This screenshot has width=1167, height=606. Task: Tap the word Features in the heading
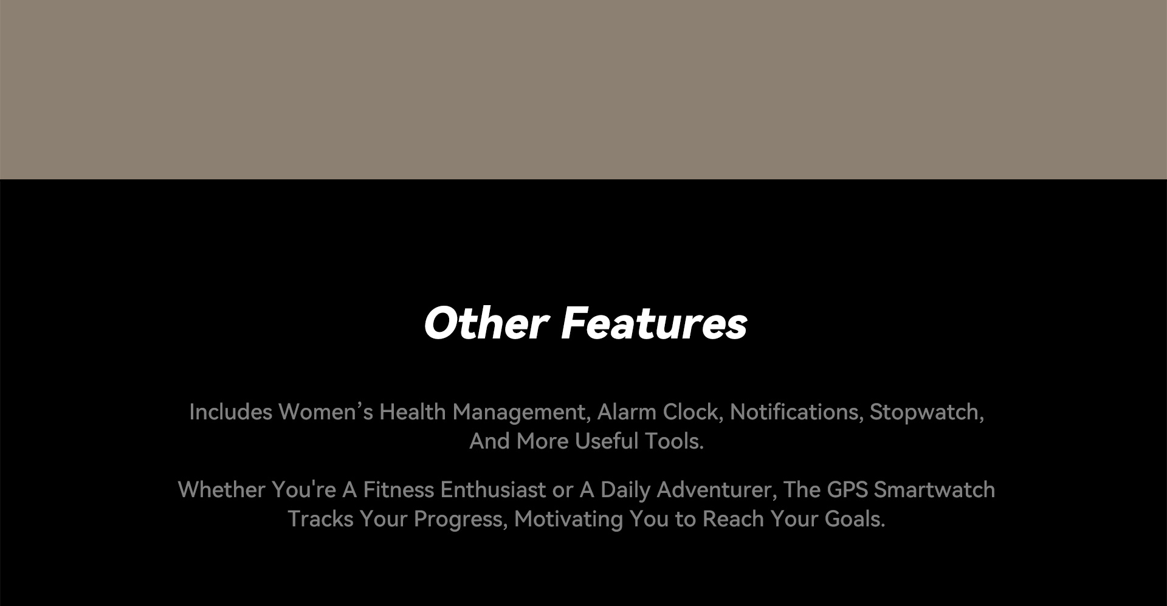[x=654, y=323]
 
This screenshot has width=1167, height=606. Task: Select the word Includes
[x=230, y=412]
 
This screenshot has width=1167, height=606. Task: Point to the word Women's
[x=326, y=412]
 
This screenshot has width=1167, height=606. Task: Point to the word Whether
[x=221, y=490]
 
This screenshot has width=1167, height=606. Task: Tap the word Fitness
[x=398, y=490]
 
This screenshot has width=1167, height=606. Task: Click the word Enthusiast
[x=493, y=490]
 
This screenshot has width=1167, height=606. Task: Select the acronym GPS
[x=847, y=490]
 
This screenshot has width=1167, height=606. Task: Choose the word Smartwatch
[x=934, y=490]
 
